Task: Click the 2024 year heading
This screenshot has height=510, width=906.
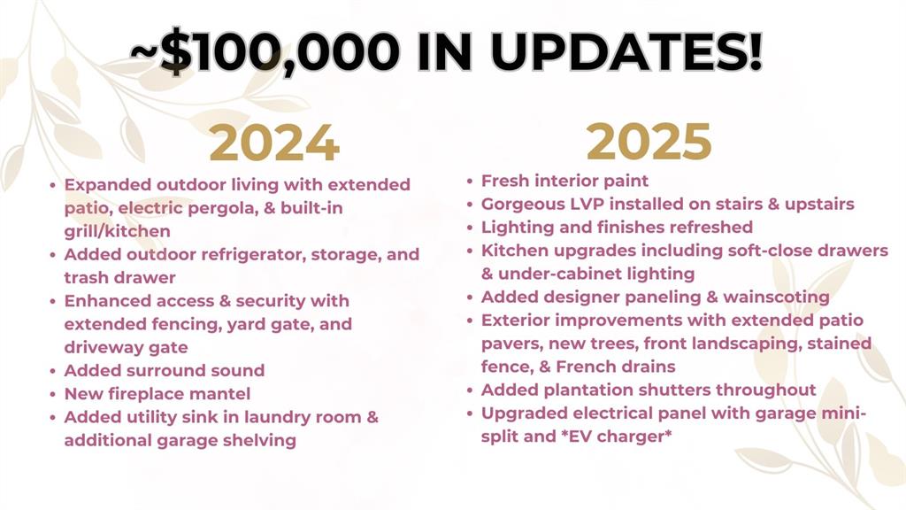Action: coord(274,143)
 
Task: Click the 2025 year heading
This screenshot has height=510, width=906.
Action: coord(649,141)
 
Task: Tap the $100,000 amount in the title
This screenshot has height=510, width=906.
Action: coord(279,50)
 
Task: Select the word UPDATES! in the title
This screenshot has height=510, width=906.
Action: coord(626,50)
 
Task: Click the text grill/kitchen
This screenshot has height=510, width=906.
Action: coord(118,231)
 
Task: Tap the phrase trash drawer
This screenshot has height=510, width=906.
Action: coord(119,277)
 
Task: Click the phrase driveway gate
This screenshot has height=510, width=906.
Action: coord(126,347)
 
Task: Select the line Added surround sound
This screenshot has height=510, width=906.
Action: coord(164,370)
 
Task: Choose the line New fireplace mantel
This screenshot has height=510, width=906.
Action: coord(157,394)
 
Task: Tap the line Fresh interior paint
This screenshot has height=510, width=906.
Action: coord(564,181)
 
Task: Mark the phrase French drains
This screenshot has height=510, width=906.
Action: coord(616,367)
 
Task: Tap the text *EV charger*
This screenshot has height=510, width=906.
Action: coord(617,436)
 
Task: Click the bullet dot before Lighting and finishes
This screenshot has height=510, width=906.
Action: coord(471,228)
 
